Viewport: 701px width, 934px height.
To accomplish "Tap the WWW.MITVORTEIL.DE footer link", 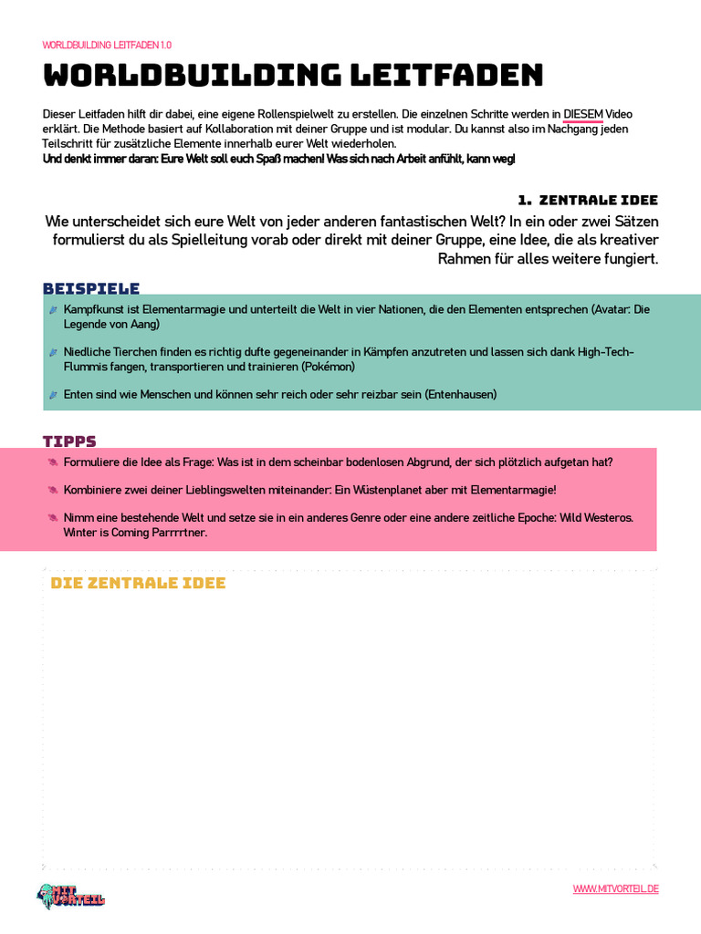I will coord(615,889).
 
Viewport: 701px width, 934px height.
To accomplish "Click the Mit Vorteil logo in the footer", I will coord(71,895).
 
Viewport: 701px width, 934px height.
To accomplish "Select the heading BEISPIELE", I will coord(91,288).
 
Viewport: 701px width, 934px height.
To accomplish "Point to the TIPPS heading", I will coord(69,441).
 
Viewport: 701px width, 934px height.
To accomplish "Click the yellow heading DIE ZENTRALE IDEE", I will coord(138,583).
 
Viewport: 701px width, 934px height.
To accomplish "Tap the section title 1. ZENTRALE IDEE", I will coord(588,200).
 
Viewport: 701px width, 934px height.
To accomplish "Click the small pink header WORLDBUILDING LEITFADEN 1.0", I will coord(107,45).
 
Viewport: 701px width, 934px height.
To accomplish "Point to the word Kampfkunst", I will coord(91,309).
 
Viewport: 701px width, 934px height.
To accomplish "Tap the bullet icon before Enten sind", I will coord(53,395).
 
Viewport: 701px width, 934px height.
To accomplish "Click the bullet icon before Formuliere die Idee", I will coord(53,462).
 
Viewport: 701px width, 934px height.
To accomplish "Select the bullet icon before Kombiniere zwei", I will coord(53,490).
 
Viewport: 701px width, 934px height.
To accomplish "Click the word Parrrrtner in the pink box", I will coord(180,532).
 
